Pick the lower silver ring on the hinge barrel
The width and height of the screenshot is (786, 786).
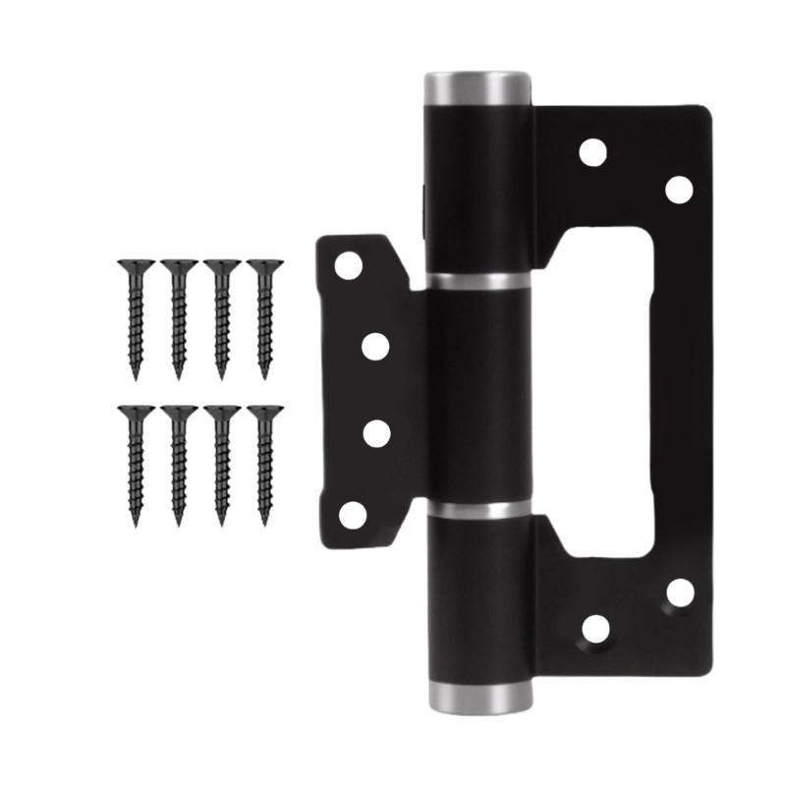[x=477, y=511]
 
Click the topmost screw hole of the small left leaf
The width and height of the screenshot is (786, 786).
[x=348, y=264]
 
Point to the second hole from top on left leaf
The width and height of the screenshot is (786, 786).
[x=375, y=346]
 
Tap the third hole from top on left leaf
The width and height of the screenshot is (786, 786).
[x=375, y=432]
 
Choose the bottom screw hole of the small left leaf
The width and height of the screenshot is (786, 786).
[x=352, y=513]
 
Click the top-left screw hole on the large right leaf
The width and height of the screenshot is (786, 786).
[x=591, y=151]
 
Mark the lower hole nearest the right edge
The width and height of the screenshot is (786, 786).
[x=679, y=593]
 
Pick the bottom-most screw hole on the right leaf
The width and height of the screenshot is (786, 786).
[x=593, y=629]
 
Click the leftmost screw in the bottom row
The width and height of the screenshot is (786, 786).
[x=133, y=462]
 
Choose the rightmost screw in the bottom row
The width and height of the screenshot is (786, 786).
[x=262, y=462]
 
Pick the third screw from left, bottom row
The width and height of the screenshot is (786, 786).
[x=220, y=462]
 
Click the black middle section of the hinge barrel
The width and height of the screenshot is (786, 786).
[x=477, y=393]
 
